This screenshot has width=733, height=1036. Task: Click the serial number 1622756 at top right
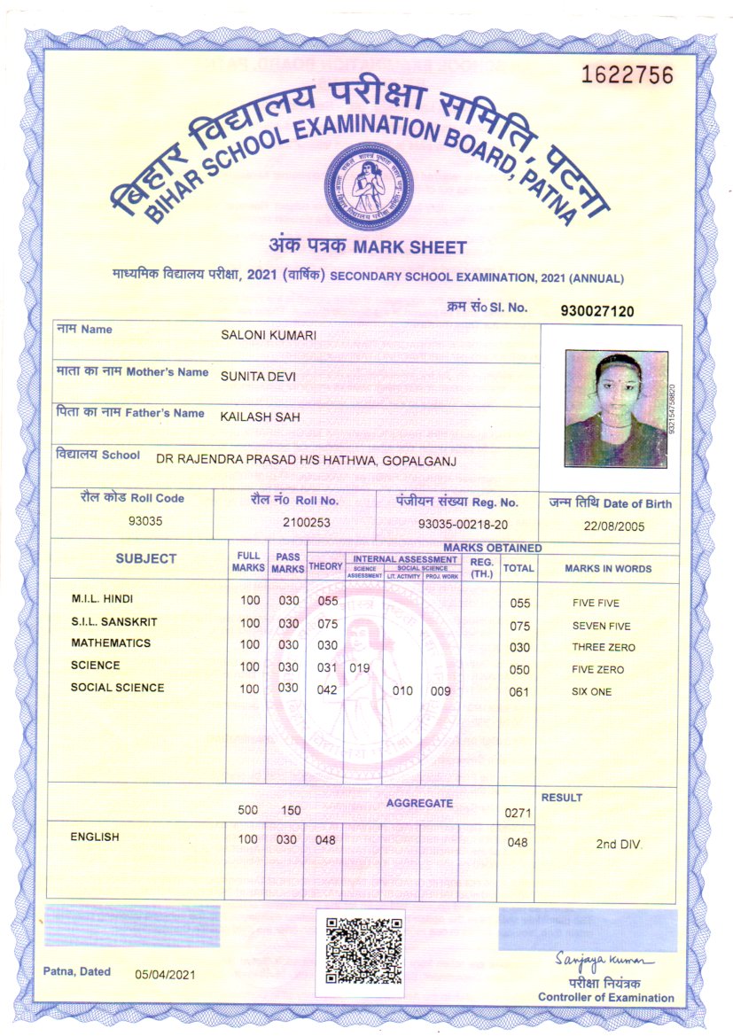click(x=627, y=75)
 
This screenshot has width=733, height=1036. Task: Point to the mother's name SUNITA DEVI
click(x=258, y=376)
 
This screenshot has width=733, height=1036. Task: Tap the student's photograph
click(x=616, y=409)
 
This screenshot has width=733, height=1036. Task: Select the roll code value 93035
click(x=145, y=521)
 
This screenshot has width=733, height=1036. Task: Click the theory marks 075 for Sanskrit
click(x=327, y=623)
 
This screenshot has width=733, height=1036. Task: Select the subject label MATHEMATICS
click(x=111, y=643)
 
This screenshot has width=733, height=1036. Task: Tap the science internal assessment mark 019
click(x=361, y=667)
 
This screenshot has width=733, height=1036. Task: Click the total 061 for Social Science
click(x=519, y=692)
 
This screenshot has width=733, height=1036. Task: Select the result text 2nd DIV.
click(x=619, y=844)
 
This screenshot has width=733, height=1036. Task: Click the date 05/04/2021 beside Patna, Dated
click(x=164, y=975)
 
